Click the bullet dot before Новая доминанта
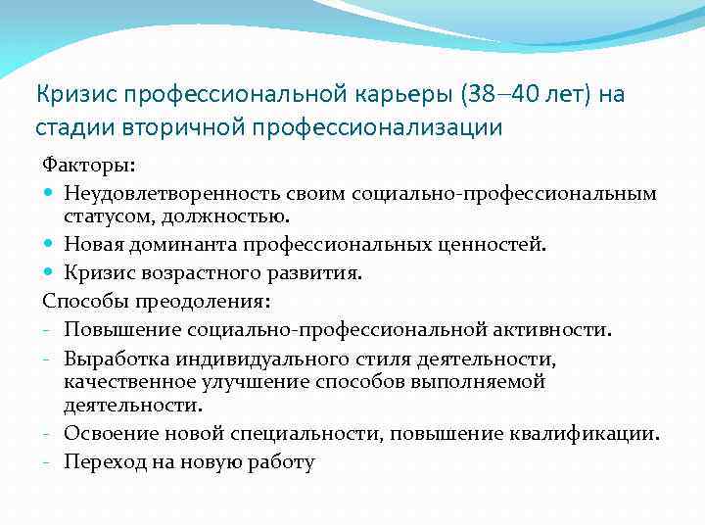pyautogui.click(x=49, y=244)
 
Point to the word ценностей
pyautogui.click(x=495, y=244)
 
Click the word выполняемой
pyautogui.click(x=485, y=381)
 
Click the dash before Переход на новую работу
pyautogui.click(x=48, y=462)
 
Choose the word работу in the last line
pyautogui.click(x=281, y=462)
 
